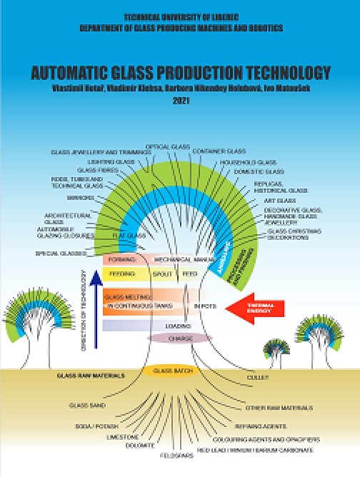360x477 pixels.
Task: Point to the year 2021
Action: click(180, 101)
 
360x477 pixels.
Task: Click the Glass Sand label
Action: click(83, 406)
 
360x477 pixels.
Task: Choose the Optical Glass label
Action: click(166, 147)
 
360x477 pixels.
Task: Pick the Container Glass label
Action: click(219, 151)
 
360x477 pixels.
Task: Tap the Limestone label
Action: click(119, 435)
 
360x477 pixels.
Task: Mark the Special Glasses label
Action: click(61, 253)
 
